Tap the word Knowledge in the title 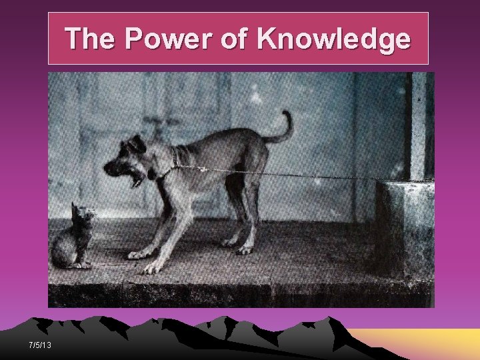pyautogui.click(x=333, y=39)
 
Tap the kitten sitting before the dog pyautogui.click(x=72, y=240)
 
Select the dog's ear pyautogui.click(x=137, y=144)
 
